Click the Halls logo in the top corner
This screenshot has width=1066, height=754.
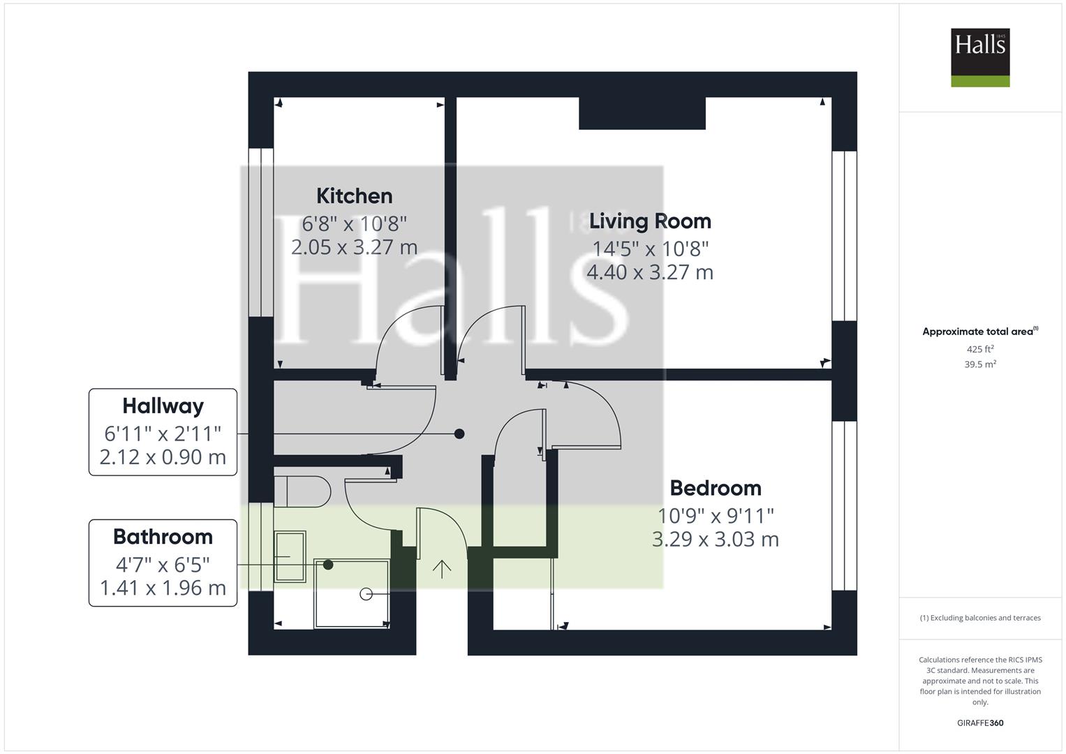point(980,57)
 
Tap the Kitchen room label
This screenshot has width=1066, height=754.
point(355,196)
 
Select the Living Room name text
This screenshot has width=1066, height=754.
point(650,221)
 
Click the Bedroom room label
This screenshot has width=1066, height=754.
point(716,488)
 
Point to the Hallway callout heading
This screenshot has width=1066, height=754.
point(163,406)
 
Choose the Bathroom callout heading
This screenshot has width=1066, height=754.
point(163,537)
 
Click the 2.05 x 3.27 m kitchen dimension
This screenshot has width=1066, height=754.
point(354,247)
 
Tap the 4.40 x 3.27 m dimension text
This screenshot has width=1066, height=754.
point(650,273)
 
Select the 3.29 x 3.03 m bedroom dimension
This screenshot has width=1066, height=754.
point(715,539)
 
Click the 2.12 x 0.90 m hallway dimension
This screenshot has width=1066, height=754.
point(163,457)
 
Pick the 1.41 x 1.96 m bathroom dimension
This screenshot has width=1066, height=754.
point(163,588)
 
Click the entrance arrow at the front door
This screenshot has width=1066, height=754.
point(442,569)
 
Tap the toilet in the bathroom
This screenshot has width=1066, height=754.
point(303,491)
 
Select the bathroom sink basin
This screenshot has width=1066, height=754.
point(290,556)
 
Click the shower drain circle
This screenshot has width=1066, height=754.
point(366,594)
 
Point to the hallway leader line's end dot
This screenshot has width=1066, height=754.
point(459,434)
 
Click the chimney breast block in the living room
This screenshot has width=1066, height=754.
point(642,113)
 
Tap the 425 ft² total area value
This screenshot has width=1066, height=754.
point(980,349)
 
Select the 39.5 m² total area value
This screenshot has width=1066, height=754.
point(980,364)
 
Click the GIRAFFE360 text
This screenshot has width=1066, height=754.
point(980,723)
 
